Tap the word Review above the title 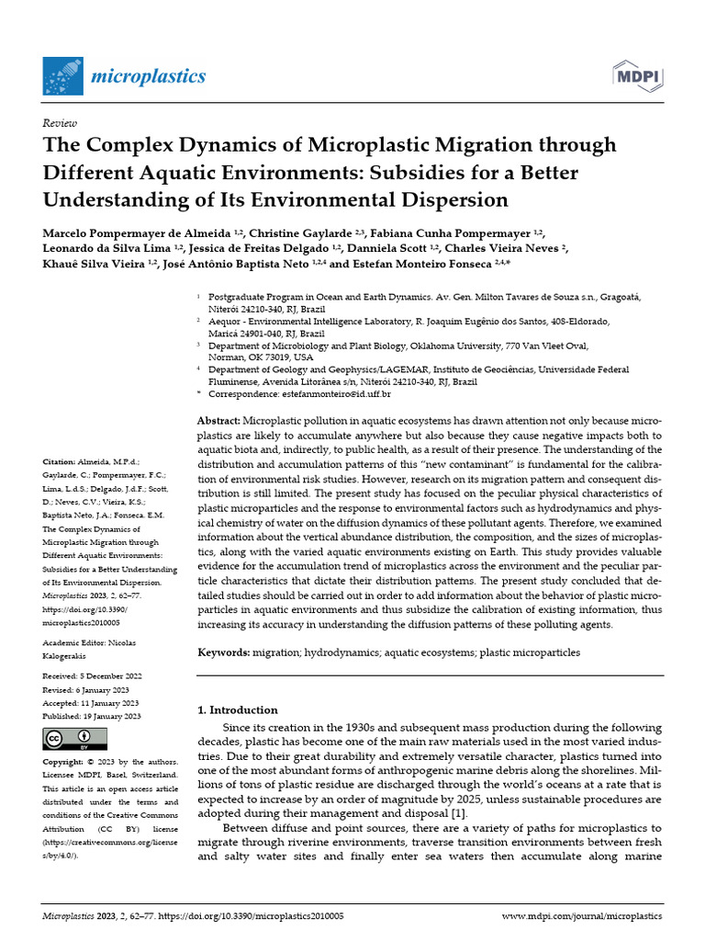pyautogui.click(x=60, y=122)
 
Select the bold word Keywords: pyautogui.click(x=224, y=652)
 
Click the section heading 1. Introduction pyautogui.click(x=238, y=709)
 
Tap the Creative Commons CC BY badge pyautogui.click(x=75, y=739)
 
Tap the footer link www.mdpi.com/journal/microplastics pyautogui.click(x=582, y=916)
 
